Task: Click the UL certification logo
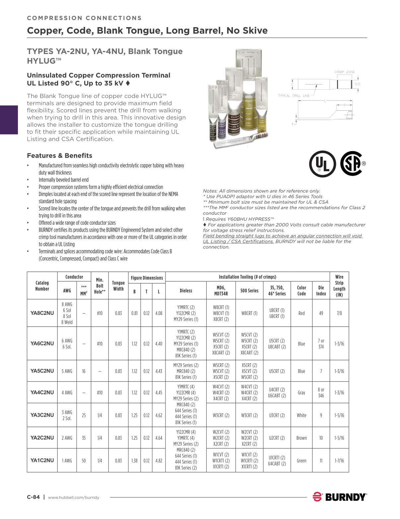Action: coord(322,164)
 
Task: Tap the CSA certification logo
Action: coord(352,163)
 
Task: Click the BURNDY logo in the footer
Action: coord(340,497)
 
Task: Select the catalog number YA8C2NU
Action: coord(42,313)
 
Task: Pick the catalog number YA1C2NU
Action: coord(42,460)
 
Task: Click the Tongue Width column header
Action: coord(118,286)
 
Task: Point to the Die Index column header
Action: coord(321,291)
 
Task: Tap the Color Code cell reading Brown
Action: coord(301,438)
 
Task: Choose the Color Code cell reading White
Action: coord(301,415)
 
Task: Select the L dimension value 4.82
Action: coord(159,460)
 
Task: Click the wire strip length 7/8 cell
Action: coord(339,313)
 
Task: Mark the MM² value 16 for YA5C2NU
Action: coord(84,371)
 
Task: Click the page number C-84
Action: coord(33,497)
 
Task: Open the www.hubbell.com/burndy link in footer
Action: coord(74,497)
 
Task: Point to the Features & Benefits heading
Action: coord(59,156)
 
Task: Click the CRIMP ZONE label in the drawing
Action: coord(344,72)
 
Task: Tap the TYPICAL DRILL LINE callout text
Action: coord(294,96)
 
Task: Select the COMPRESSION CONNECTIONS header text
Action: coord(84,18)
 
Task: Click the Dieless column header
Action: coord(186,291)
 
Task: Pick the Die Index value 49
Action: coord(321,313)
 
